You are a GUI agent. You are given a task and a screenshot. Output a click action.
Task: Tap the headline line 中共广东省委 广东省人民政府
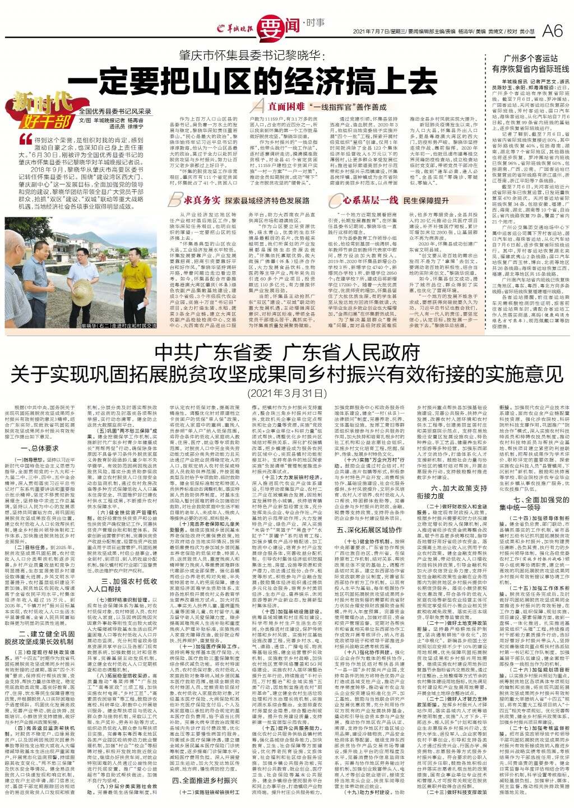(287, 353)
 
